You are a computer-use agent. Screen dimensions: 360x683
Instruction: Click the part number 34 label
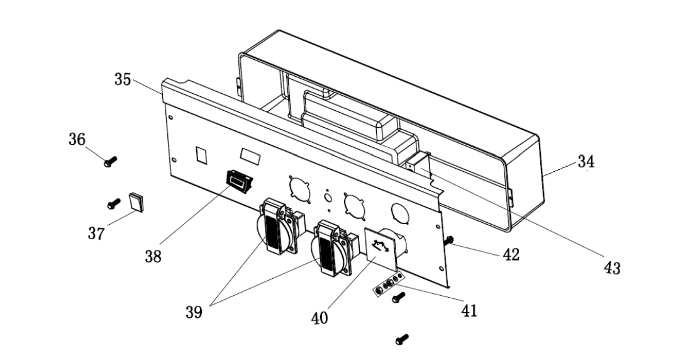[586, 162]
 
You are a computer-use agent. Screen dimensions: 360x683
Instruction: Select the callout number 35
[123, 80]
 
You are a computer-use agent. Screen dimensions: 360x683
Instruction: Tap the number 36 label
[77, 140]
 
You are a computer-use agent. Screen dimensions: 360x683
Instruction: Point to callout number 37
[96, 234]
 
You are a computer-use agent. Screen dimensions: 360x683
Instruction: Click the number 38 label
[152, 256]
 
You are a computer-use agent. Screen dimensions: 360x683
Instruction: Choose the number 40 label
[319, 318]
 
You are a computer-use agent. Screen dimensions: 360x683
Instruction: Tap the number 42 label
[510, 256]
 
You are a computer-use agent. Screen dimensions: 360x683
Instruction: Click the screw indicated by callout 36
[110, 162]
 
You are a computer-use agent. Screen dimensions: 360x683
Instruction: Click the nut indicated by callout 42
[450, 240]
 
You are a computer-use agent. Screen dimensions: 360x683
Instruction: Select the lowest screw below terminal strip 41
[401, 340]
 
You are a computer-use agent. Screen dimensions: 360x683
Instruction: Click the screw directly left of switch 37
[114, 204]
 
